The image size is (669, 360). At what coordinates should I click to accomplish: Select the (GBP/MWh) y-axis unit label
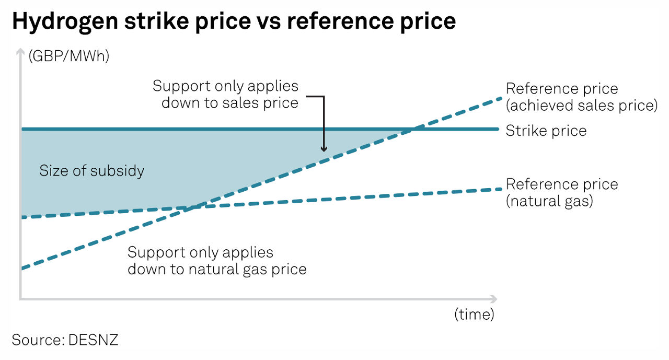pos(69,56)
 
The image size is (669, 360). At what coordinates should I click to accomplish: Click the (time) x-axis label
pos(474,315)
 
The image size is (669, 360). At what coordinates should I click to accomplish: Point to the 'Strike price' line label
pos(546,131)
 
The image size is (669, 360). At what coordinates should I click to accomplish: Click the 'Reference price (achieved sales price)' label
pos(581,97)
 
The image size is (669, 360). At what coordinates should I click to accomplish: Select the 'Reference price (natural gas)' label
pos(562,192)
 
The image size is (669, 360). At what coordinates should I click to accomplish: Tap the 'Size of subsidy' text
pos(91,171)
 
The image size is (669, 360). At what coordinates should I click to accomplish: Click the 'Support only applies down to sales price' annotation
pos(225,94)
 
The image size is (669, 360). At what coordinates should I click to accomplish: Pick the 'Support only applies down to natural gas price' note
pos(217,261)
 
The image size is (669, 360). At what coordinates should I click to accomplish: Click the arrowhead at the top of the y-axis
pos(20,51)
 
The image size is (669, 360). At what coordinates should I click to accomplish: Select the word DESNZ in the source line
pos(94,340)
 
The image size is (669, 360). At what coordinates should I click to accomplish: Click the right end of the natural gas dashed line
pos(499,189)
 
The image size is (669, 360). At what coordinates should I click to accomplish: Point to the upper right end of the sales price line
pos(499,98)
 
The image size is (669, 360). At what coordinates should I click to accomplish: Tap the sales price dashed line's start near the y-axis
pos(24,268)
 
